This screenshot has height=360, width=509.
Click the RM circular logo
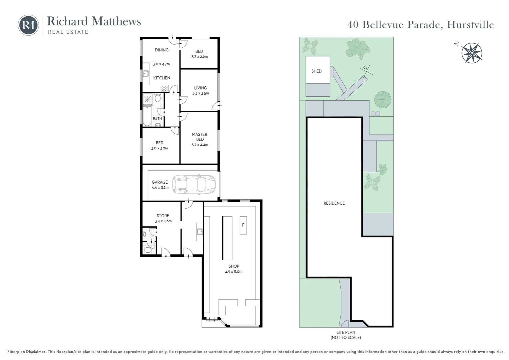tap(28, 25)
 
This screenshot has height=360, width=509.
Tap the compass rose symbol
tap(472, 53)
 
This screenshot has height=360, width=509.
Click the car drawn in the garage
tap(194, 184)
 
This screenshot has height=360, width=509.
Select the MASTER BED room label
tap(200, 137)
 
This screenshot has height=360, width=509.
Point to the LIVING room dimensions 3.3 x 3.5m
tap(201, 93)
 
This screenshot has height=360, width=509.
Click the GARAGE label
tap(160, 182)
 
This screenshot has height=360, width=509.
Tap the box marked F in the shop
tap(243, 225)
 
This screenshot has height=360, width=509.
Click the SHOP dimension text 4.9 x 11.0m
tap(234, 272)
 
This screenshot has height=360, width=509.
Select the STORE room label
tap(163, 216)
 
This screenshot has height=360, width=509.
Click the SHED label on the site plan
tap(316, 71)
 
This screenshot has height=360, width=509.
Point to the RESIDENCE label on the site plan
tap(334, 203)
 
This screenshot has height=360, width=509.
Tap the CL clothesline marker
tap(365, 68)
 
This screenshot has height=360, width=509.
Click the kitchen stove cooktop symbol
tap(164, 88)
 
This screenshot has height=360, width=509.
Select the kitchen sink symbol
tap(146, 74)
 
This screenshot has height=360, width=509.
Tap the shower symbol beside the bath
tap(148, 99)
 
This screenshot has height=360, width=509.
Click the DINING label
tap(162, 50)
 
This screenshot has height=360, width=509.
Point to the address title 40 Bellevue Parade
tap(420, 25)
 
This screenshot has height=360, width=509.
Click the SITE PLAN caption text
tap(346, 332)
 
